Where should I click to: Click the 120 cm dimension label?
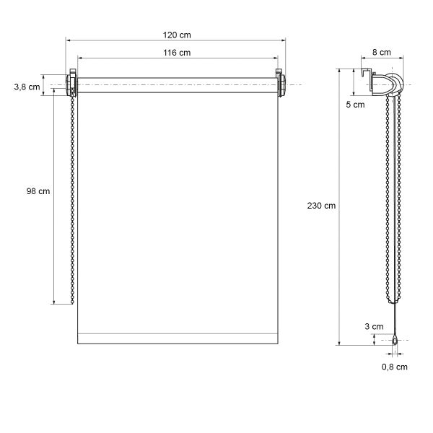(177, 35)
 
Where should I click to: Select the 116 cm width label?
(177, 53)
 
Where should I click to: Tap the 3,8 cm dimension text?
(27, 87)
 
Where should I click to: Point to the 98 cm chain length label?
(38, 191)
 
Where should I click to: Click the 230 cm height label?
(321, 206)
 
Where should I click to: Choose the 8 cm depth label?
(382, 52)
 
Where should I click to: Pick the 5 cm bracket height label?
(355, 105)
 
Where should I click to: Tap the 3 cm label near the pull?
(374, 326)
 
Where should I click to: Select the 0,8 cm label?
(395, 367)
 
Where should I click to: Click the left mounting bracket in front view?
(71, 83)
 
